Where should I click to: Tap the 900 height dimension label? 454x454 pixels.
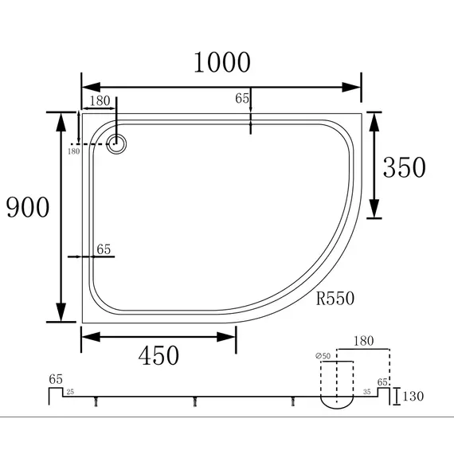(28, 207)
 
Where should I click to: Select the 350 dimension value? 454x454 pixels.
(404, 167)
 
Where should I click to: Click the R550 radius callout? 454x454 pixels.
(335, 299)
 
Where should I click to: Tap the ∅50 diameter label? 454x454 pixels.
(323, 355)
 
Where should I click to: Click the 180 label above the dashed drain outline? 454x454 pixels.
(363, 341)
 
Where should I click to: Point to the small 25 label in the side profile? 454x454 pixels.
(70, 392)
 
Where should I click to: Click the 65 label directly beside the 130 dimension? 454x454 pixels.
(383, 382)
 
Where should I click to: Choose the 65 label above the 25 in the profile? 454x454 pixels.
(56, 379)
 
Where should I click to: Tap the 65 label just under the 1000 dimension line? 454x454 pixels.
(242, 99)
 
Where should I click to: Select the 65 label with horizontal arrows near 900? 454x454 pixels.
(104, 249)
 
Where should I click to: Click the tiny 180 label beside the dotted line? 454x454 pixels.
(73, 151)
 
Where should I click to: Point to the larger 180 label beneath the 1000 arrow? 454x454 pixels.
(100, 100)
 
